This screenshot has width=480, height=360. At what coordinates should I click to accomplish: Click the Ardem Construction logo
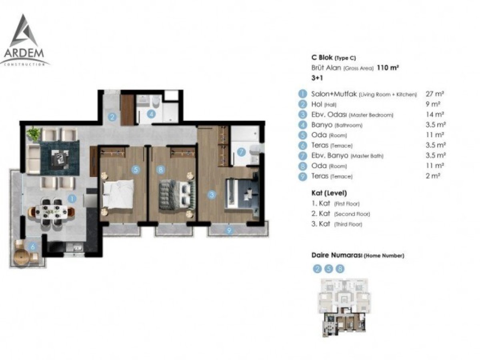(x=24, y=40)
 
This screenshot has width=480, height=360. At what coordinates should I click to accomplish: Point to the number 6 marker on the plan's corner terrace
(x=33, y=247)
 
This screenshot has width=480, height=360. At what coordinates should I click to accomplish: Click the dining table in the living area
(x=51, y=212)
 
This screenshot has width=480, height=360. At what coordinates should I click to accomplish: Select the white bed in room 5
(x=118, y=194)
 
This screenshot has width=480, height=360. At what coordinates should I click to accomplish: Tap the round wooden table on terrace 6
(x=22, y=257)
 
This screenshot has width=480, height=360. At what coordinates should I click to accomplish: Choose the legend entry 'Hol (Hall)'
(x=324, y=104)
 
